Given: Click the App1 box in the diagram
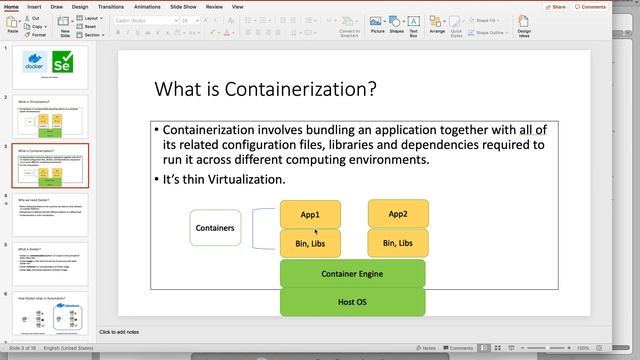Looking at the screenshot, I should pyautogui.click(x=310, y=214).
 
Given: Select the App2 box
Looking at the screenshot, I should pyautogui.click(x=398, y=214).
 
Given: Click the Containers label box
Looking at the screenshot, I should pyautogui.click(x=214, y=228).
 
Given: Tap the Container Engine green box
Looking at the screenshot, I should pyautogui.click(x=352, y=272).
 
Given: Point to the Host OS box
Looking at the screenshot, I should pyautogui.click(x=352, y=301).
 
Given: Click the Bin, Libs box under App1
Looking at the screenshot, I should pyautogui.click(x=310, y=242).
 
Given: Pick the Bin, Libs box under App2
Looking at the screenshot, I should pyautogui.click(x=398, y=242).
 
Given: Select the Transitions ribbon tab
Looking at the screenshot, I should pyautogui.click(x=111, y=6).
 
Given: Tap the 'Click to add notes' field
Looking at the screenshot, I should pyautogui.click(x=120, y=331).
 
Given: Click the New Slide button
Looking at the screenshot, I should pyautogui.click(x=65, y=27).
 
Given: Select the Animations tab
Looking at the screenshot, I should pyautogui.click(x=147, y=6).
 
